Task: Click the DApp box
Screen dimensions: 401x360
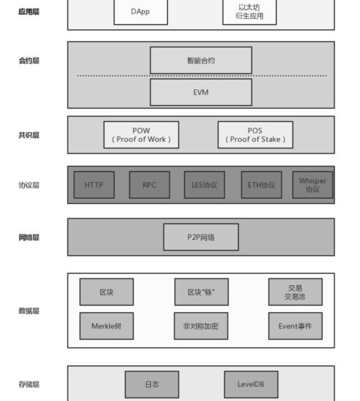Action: tap(141, 12)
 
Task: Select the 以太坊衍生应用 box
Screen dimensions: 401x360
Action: tap(249, 12)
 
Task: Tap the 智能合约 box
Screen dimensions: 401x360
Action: tap(201, 60)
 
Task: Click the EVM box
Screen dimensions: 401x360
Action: tap(201, 92)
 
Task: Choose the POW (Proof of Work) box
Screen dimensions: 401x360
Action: tap(141, 135)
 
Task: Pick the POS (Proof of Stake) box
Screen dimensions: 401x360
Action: tap(255, 135)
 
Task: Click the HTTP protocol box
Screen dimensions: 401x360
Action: tap(94, 185)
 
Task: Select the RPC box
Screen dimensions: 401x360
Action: tap(150, 185)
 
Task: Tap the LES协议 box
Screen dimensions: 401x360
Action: tap(204, 185)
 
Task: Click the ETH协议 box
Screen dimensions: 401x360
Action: tap(262, 185)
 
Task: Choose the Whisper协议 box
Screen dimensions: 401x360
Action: tap(313, 185)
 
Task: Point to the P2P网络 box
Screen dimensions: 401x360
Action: tap(201, 237)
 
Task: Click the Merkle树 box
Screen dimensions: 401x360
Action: tap(106, 326)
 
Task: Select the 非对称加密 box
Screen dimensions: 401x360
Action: tap(201, 326)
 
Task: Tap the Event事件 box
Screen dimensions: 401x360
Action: tap(295, 326)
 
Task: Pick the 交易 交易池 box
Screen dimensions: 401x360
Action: tap(295, 292)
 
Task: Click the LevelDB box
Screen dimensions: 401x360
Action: tap(251, 385)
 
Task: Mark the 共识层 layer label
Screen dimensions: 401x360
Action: tap(29, 135)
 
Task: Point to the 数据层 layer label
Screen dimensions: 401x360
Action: tap(29, 310)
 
